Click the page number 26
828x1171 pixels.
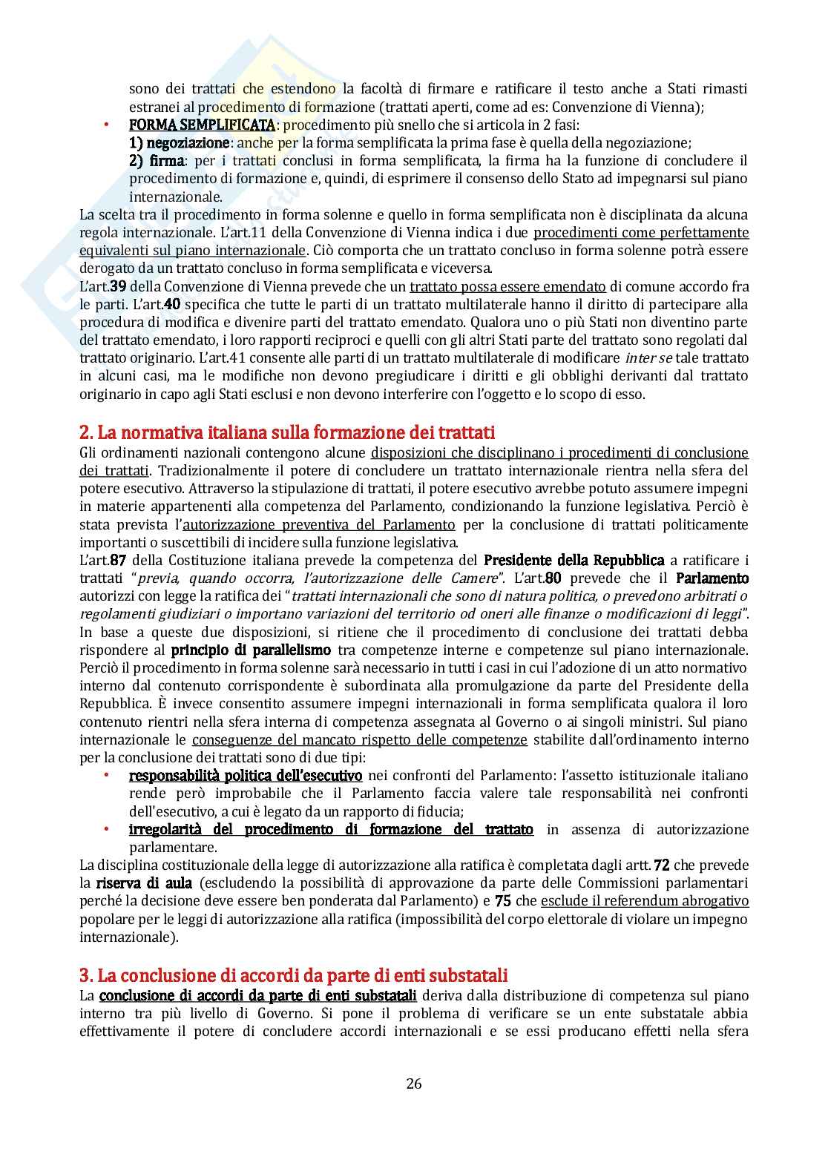pyautogui.click(x=414, y=1083)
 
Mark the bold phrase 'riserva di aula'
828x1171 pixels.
pyautogui.click(x=144, y=883)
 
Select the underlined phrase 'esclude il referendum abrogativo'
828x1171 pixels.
pyautogui.click(x=645, y=901)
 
